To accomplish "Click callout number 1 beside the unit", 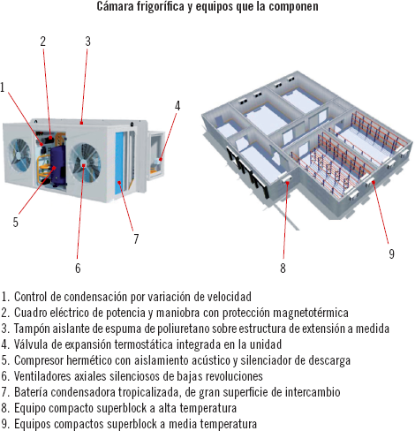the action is coord(3,87).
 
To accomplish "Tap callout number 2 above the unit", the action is coord(43,42).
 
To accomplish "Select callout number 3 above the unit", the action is coord(87,42).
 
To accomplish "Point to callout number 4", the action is coord(177,106).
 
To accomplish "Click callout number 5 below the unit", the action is coord(16,222).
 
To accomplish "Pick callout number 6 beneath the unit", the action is coord(78,268).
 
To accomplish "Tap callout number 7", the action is coord(136,239).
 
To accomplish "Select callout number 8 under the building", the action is coord(283,268).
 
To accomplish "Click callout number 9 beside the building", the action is coord(391,253).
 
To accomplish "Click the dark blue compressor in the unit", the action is coord(58,165).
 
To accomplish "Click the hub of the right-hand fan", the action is coord(84,164).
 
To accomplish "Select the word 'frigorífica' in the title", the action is coord(160,6).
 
